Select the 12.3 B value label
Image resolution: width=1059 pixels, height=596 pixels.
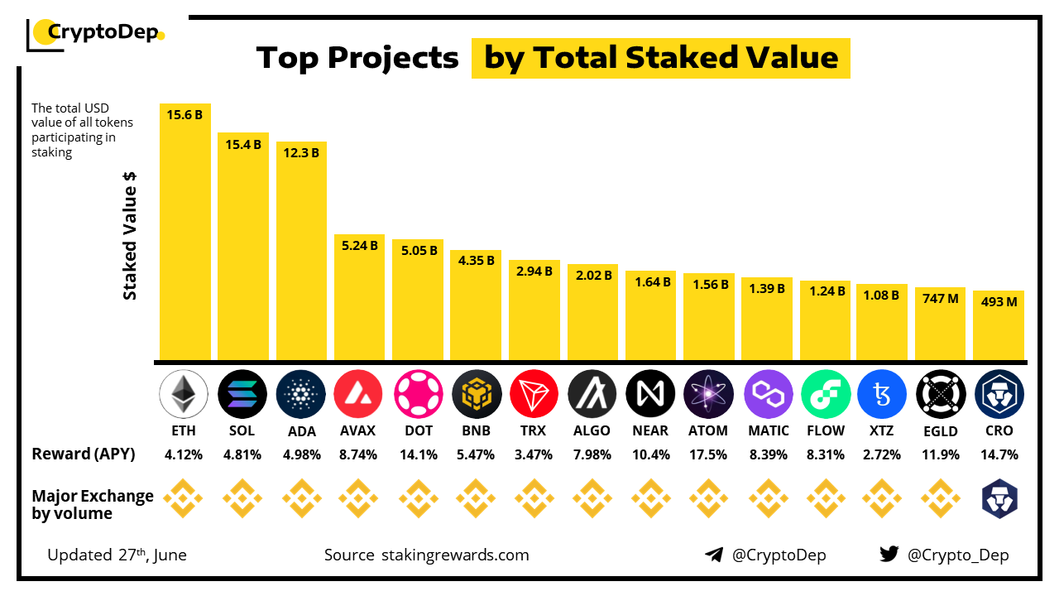301,151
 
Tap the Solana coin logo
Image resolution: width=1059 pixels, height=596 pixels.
242,393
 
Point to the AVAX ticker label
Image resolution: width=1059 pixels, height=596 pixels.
357,430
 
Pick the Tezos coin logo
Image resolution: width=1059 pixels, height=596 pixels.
882,393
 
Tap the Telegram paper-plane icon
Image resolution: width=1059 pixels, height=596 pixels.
714,555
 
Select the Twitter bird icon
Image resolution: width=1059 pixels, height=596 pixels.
889,555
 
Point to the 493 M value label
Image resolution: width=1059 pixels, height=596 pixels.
999,301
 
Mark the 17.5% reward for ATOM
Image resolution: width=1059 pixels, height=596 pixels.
707,454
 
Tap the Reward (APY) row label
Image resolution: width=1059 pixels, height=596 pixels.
84,454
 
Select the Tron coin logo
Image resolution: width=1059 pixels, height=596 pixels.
534,393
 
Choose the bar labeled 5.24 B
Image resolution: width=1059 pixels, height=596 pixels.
359,298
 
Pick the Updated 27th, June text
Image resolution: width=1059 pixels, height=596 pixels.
117,555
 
